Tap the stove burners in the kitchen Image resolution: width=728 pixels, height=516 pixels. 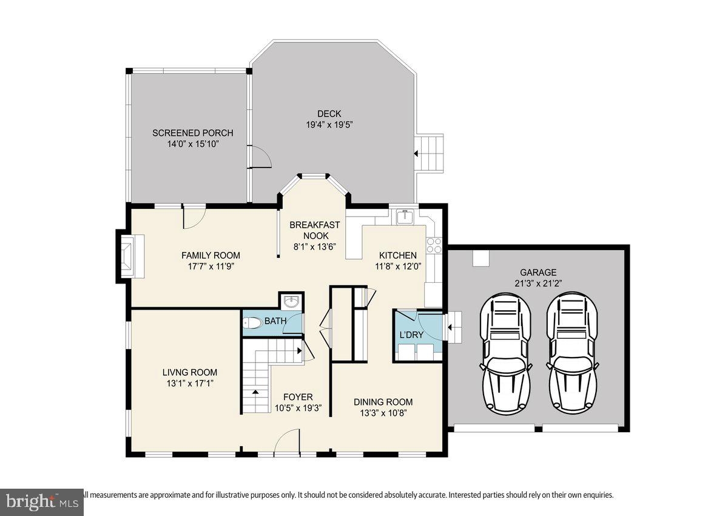(x=434, y=245)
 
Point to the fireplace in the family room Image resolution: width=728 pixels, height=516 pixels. (x=130, y=255)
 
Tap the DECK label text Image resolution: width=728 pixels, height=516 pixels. (x=329, y=114)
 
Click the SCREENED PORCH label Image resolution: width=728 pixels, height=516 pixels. (x=192, y=133)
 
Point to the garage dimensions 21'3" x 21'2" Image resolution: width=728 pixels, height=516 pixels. (x=538, y=283)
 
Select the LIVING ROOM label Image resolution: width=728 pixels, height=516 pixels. (x=189, y=372)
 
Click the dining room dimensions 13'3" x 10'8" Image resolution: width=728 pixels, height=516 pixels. (x=383, y=413)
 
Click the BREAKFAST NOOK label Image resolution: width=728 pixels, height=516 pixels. (x=314, y=230)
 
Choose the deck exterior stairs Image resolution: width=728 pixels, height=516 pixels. (x=432, y=154)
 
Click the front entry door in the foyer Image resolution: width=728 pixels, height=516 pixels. (x=287, y=442)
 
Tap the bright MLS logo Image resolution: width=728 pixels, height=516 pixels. (x=41, y=502)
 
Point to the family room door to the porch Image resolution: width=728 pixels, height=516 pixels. (x=194, y=215)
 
